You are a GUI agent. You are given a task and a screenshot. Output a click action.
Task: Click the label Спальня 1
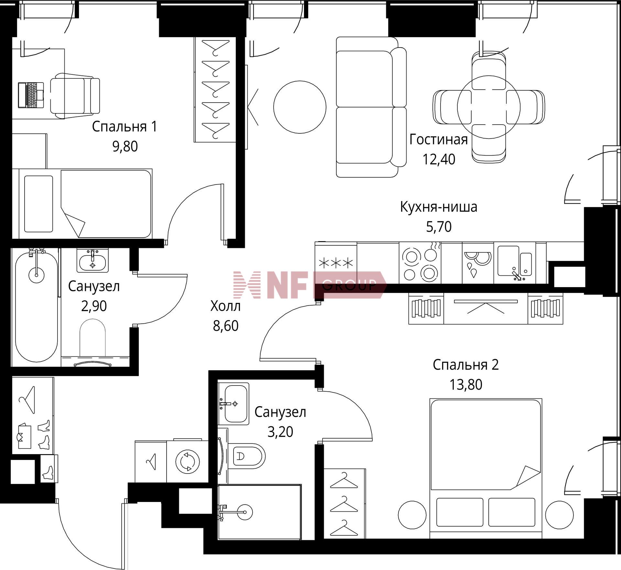(125, 127)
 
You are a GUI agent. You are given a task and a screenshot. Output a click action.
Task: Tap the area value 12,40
(439, 159)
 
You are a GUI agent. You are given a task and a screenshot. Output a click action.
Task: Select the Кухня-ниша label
(439, 207)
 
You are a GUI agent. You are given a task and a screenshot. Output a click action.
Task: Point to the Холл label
(225, 306)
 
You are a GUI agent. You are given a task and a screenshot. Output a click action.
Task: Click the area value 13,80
(466, 385)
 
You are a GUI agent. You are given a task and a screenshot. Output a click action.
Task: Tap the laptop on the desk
(31, 95)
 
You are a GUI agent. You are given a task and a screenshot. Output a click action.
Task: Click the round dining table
(489, 107)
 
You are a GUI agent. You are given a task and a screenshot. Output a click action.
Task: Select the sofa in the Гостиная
(371, 107)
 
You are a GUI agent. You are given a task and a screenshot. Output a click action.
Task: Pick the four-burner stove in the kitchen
(420, 263)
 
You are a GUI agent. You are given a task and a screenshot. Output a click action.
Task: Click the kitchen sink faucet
(517, 276)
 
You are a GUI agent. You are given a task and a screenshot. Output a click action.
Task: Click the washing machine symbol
(188, 461)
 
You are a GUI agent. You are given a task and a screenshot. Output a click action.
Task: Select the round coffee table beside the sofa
(300, 107)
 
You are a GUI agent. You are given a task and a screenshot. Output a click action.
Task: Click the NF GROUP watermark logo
(310, 285)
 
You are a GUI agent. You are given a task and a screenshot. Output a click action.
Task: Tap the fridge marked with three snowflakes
(336, 263)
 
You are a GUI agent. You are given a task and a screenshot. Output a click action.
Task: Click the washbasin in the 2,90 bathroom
(93, 261)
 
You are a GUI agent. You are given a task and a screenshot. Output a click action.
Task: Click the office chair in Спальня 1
(75, 96)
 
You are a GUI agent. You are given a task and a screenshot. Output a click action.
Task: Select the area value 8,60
(225, 326)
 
